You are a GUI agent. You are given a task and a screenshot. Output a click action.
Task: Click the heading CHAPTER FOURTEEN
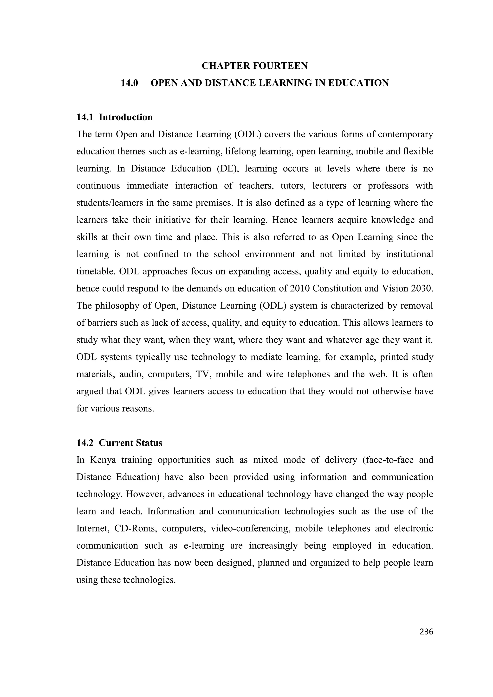point(254,66)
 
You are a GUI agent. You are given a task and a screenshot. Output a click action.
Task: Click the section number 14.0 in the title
point(130,83)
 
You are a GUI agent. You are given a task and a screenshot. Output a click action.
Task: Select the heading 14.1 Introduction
point(115,117)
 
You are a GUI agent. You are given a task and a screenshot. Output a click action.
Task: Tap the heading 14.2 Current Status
point(119,443)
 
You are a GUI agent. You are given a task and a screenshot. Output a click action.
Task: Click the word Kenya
point(103,460)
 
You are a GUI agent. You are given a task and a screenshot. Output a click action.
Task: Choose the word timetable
point(95,271)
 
